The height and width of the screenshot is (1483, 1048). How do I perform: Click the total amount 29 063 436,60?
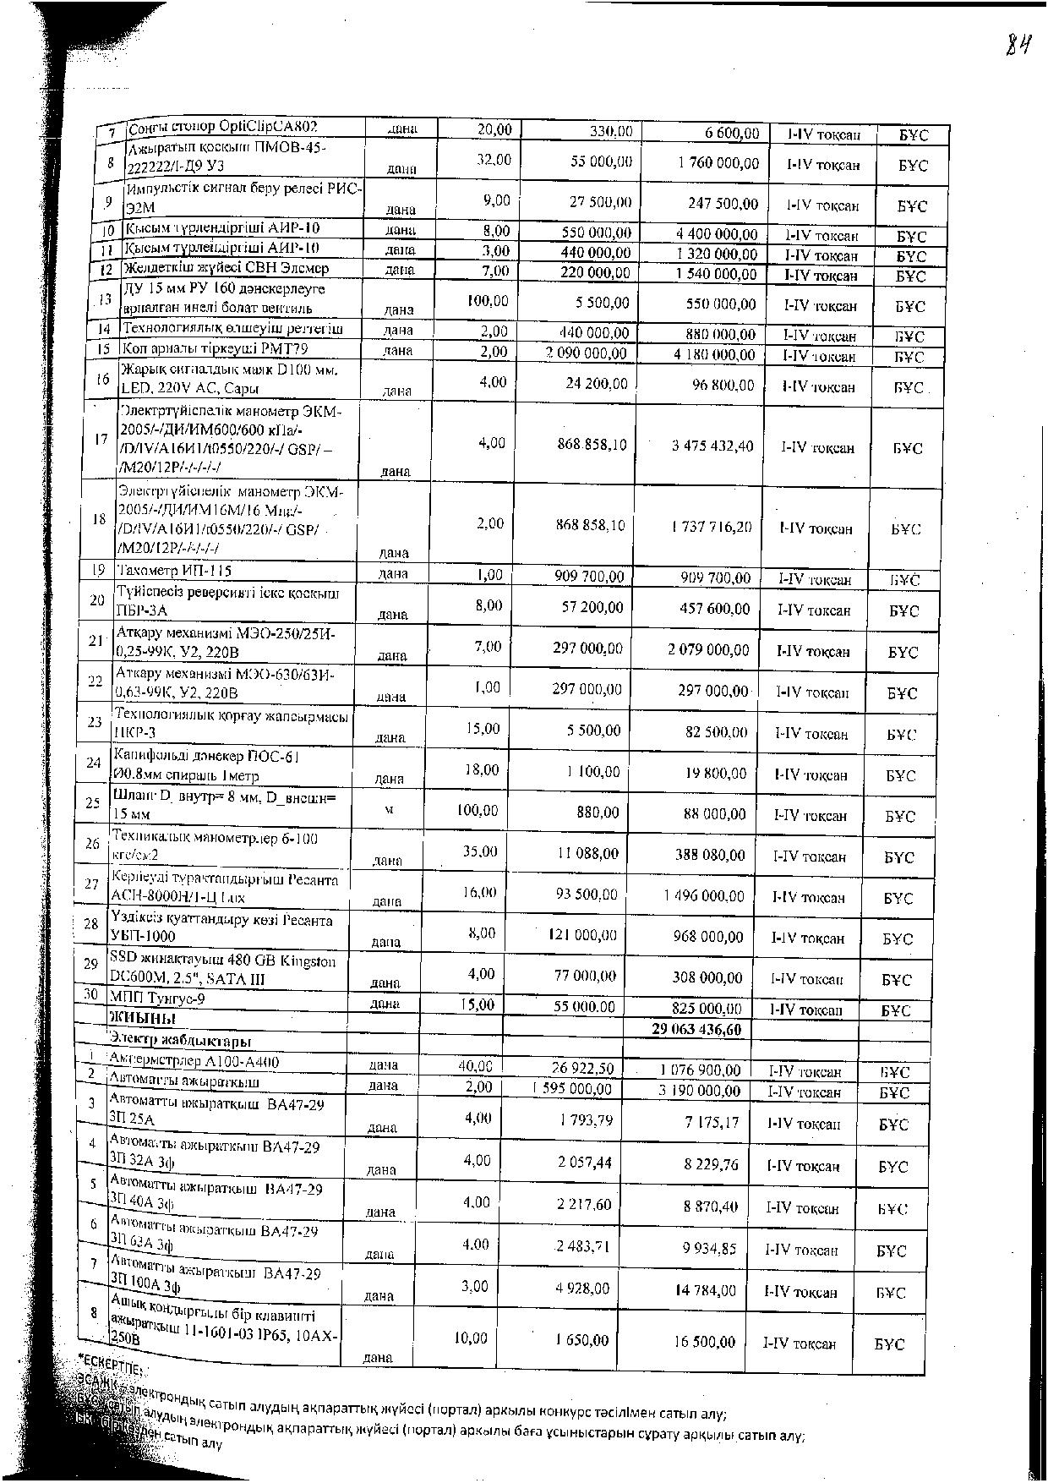(696, 1029)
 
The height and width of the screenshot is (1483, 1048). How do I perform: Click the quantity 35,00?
(480, 852)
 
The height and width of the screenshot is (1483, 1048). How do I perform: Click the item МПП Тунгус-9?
(153, 999)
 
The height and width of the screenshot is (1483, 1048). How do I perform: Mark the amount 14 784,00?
(706, 1291)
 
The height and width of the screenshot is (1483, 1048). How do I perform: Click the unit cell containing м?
(389, 810)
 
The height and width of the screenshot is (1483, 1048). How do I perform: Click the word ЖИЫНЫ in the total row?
(143, 1018)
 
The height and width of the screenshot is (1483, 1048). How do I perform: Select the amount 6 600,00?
(732, 134)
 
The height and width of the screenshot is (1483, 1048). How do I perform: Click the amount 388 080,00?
(709, 856)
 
